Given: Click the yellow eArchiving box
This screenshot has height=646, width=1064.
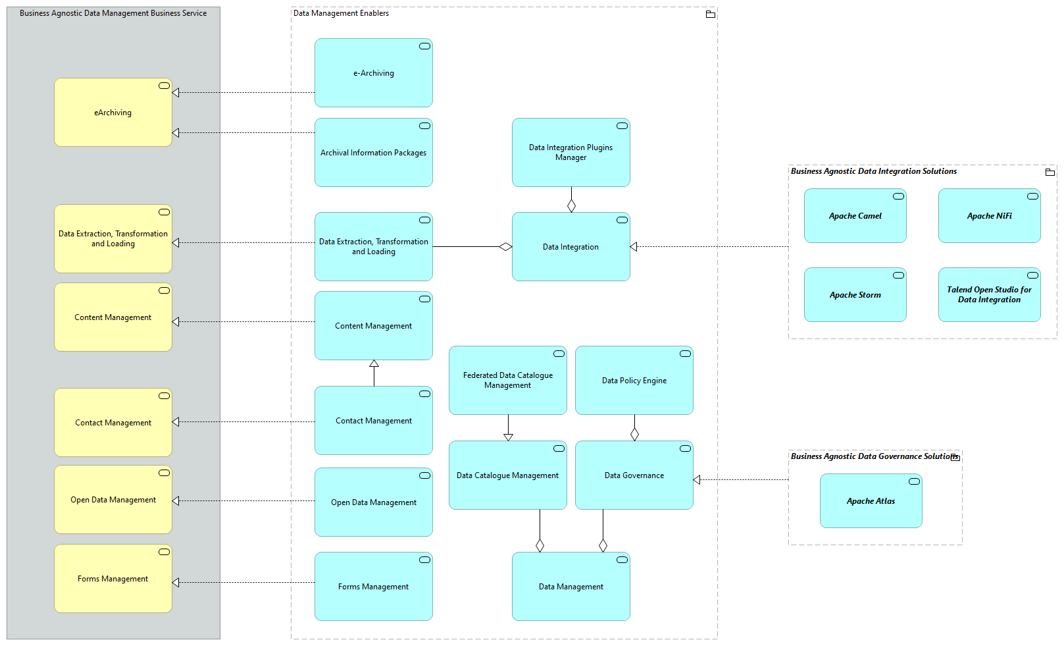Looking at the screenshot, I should (x=113, y=113).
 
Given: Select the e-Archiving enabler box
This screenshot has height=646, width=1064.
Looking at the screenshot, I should (x=373, y=73).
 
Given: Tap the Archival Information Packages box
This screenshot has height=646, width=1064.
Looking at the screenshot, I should (x=373, y=153).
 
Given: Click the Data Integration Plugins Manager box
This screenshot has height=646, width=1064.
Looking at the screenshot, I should (x=570, y=152).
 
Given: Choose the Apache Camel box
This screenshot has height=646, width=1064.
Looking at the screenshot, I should (x=855, y=216).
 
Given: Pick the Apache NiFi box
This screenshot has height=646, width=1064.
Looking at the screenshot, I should (x=989, y=216).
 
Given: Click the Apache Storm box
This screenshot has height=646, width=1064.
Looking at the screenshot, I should (x=855, y=295).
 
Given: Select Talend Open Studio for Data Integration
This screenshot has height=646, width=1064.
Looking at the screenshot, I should (x=989, y=294).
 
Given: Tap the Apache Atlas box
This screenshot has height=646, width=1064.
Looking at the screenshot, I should (x=871, y=501).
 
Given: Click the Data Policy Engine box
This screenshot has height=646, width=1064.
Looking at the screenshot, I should (x=634, y=381).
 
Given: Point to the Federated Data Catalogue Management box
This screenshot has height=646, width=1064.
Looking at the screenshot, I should (x=507, y=381).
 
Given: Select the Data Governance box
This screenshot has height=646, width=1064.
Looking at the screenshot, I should (x=634, y=475).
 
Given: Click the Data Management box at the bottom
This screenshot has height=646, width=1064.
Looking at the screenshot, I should (x=570, y=587).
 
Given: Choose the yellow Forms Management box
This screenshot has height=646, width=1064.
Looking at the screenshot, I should (x=113, y=579).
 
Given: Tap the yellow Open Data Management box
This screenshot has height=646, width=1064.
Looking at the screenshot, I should (x=113, y=500).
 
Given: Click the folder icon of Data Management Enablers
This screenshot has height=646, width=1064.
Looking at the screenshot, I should (x=710, y=14).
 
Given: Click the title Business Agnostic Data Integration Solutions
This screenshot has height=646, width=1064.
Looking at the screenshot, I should (x=873, y=171).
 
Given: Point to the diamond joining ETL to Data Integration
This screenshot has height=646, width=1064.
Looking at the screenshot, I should (x=505, y=247).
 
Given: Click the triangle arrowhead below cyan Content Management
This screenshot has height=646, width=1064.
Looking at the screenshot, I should (x=374, y=363).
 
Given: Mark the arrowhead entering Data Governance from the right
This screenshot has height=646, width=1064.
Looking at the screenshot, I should (x=697, y=480).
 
